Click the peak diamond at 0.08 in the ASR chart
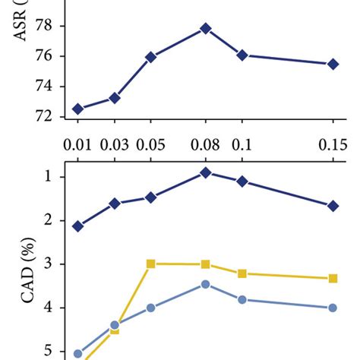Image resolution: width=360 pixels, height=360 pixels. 206,29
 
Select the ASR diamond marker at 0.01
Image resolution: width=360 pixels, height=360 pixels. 78,109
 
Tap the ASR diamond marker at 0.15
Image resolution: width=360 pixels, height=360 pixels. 333,65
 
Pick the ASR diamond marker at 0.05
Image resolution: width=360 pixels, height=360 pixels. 150,57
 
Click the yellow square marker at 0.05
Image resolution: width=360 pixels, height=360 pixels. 150,264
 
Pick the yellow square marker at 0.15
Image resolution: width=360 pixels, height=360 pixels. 333,279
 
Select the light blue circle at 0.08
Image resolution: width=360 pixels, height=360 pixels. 206,284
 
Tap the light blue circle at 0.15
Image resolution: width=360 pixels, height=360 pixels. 333,308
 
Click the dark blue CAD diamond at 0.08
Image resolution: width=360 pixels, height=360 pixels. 206,172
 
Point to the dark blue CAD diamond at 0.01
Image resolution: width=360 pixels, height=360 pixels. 78,226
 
